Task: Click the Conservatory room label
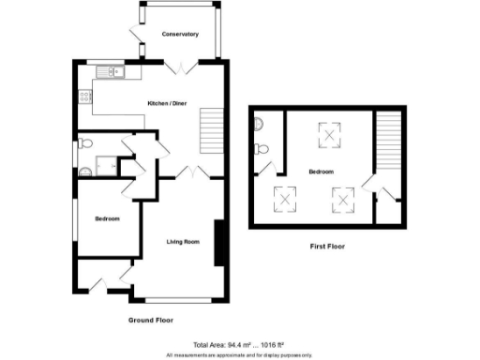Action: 180,35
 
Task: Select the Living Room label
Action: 184,243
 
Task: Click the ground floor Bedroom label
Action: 107,218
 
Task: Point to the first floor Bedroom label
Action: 322,172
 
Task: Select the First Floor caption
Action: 327,247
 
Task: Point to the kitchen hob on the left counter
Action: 84,94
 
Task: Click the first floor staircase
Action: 386,140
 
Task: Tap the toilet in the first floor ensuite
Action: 263,149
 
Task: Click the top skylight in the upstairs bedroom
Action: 331,138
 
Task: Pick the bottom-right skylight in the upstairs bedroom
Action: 343,198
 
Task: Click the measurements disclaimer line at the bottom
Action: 240,354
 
